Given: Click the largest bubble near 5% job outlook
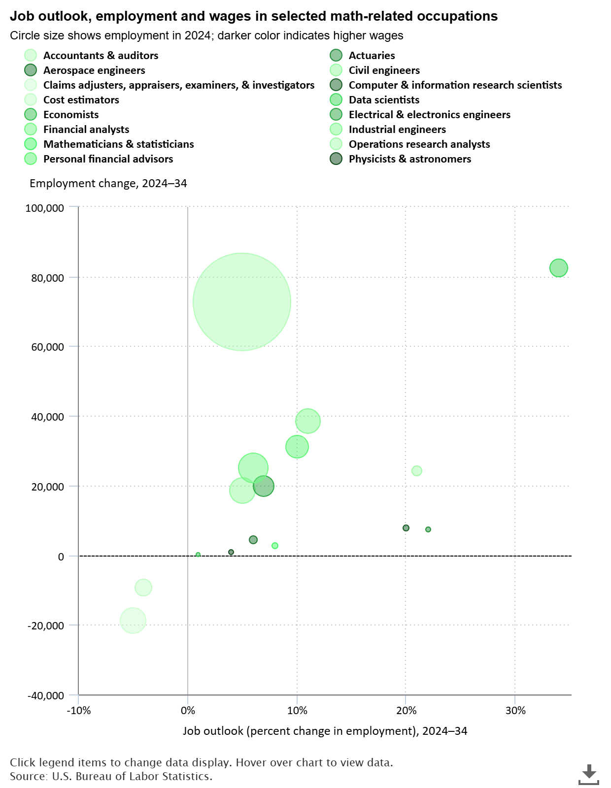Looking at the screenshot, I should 241,301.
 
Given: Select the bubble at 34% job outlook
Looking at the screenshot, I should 558,268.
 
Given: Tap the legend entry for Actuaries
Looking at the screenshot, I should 372,56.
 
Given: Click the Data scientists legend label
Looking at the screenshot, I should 384,100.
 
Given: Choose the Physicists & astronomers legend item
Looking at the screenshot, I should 409,159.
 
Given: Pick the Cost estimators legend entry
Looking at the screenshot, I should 81,100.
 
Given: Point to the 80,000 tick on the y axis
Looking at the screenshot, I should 45,278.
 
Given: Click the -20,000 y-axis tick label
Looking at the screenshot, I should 46,625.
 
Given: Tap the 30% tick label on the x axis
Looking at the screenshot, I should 515,711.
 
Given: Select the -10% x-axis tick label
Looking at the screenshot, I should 79,711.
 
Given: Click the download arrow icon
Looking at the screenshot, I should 589,774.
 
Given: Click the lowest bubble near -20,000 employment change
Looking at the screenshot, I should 133,620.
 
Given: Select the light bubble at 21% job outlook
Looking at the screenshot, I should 416,471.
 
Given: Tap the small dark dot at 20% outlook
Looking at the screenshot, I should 406,528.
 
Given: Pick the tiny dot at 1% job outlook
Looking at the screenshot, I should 198,555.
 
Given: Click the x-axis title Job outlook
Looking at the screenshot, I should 325,731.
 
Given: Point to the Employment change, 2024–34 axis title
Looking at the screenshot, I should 108,184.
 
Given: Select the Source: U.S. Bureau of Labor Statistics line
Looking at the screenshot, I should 111,777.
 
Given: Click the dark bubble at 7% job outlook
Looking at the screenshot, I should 264,486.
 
